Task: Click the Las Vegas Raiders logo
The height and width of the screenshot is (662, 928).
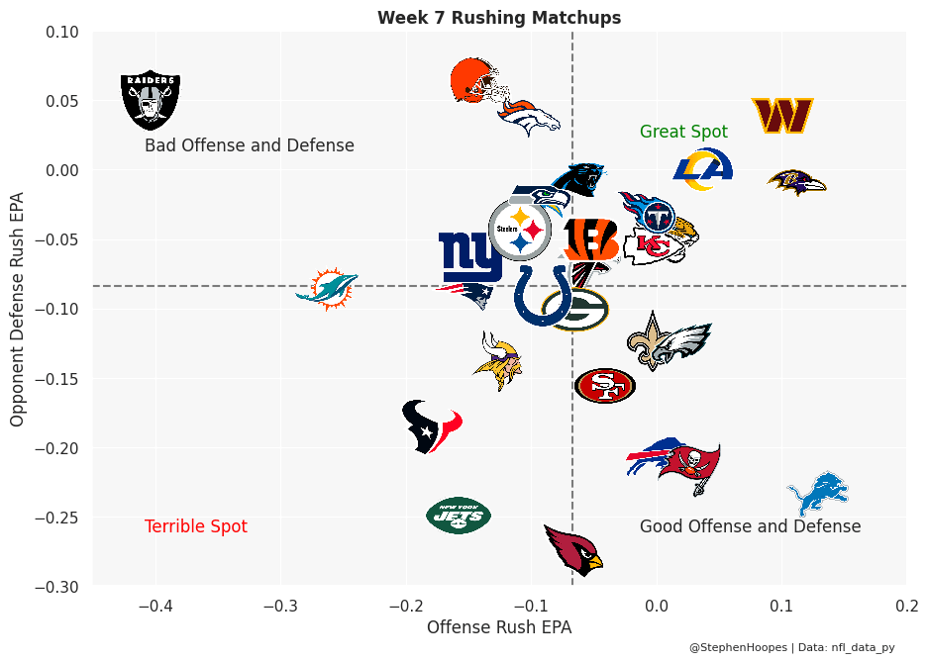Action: pos(151,100)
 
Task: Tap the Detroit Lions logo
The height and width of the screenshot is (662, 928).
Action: pos(818,494)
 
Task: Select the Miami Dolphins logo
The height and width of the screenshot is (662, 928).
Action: pos(327,288)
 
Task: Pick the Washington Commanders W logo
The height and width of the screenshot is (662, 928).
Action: pos(782,116)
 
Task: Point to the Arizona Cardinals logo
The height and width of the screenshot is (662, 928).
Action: pos(575,549)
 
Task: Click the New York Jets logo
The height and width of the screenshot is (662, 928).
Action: pos(459,515)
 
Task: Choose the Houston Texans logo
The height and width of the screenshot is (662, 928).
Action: pos(432,426)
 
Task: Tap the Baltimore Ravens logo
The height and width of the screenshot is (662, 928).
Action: pos(796,182)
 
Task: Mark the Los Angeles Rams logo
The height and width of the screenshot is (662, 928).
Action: pos(703,169)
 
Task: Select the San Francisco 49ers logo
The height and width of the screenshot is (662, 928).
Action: pos(604,385)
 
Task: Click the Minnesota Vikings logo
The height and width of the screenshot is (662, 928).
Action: pos(498,361)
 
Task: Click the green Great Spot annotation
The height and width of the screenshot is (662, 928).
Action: pos(683,132)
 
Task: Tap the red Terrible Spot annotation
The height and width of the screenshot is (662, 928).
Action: pos(196,526)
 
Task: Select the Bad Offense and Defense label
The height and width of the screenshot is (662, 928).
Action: pos(250,145)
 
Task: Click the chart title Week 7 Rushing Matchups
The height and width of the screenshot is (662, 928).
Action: pos(499,18)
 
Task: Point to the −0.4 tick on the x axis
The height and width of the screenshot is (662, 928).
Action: pos(155,606)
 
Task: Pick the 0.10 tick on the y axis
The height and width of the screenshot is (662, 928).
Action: pos(62,32)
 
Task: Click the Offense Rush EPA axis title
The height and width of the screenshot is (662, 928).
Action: pos(499,627)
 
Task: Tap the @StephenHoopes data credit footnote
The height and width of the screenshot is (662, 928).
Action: pos(791,647)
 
